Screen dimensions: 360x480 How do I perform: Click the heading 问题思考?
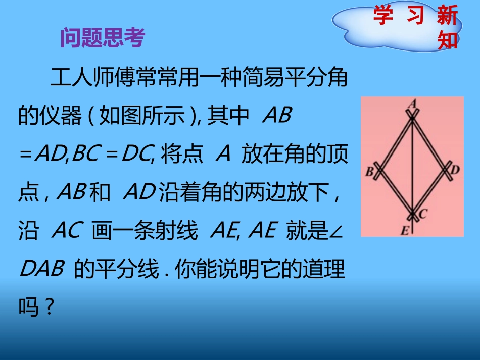click(x=102, y=38)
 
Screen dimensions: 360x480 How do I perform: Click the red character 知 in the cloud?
click(x=448, y=40)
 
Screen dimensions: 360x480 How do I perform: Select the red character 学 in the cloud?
click(x=383, y=16)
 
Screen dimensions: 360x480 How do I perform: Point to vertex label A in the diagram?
click(x=413, y=103)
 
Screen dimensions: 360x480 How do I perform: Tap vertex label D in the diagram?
click(x=455, y=170)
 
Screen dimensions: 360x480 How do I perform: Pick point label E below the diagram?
click(x=405, y=231)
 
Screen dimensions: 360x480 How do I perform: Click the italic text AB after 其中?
click(x=277, y=116)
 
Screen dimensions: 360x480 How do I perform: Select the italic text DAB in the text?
click(x=41, y=269)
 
